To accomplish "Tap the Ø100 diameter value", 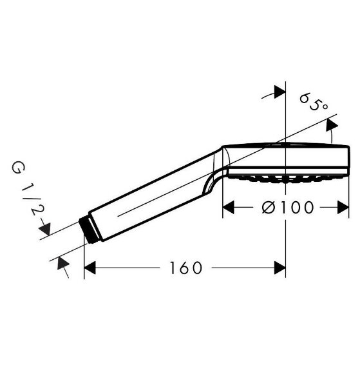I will click(288, 207).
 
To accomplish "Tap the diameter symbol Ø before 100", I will click(270, 207).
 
